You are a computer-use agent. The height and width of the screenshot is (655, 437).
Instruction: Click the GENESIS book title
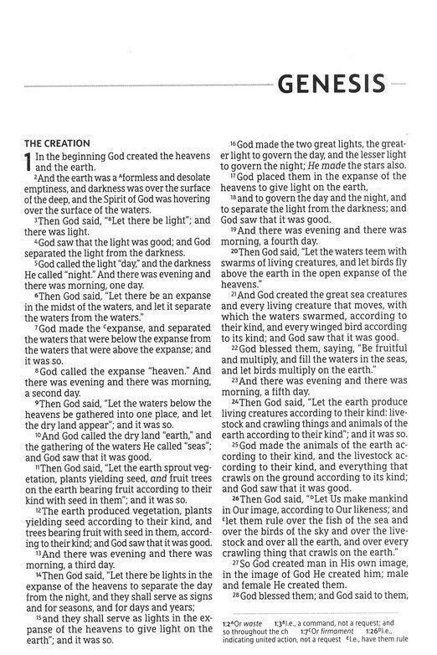click(331, 84)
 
